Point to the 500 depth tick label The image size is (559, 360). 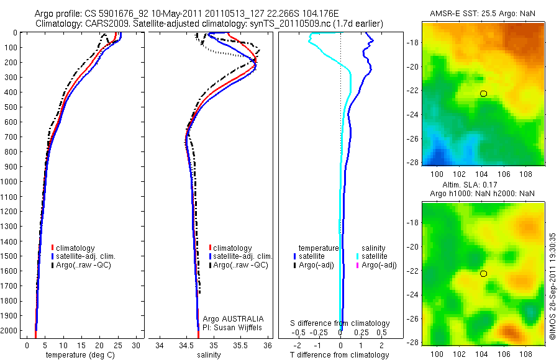11,107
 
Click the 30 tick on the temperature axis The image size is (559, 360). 137,344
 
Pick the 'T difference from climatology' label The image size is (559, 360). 340,355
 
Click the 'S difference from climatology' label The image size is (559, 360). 340,323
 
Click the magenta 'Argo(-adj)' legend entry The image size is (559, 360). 379,265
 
